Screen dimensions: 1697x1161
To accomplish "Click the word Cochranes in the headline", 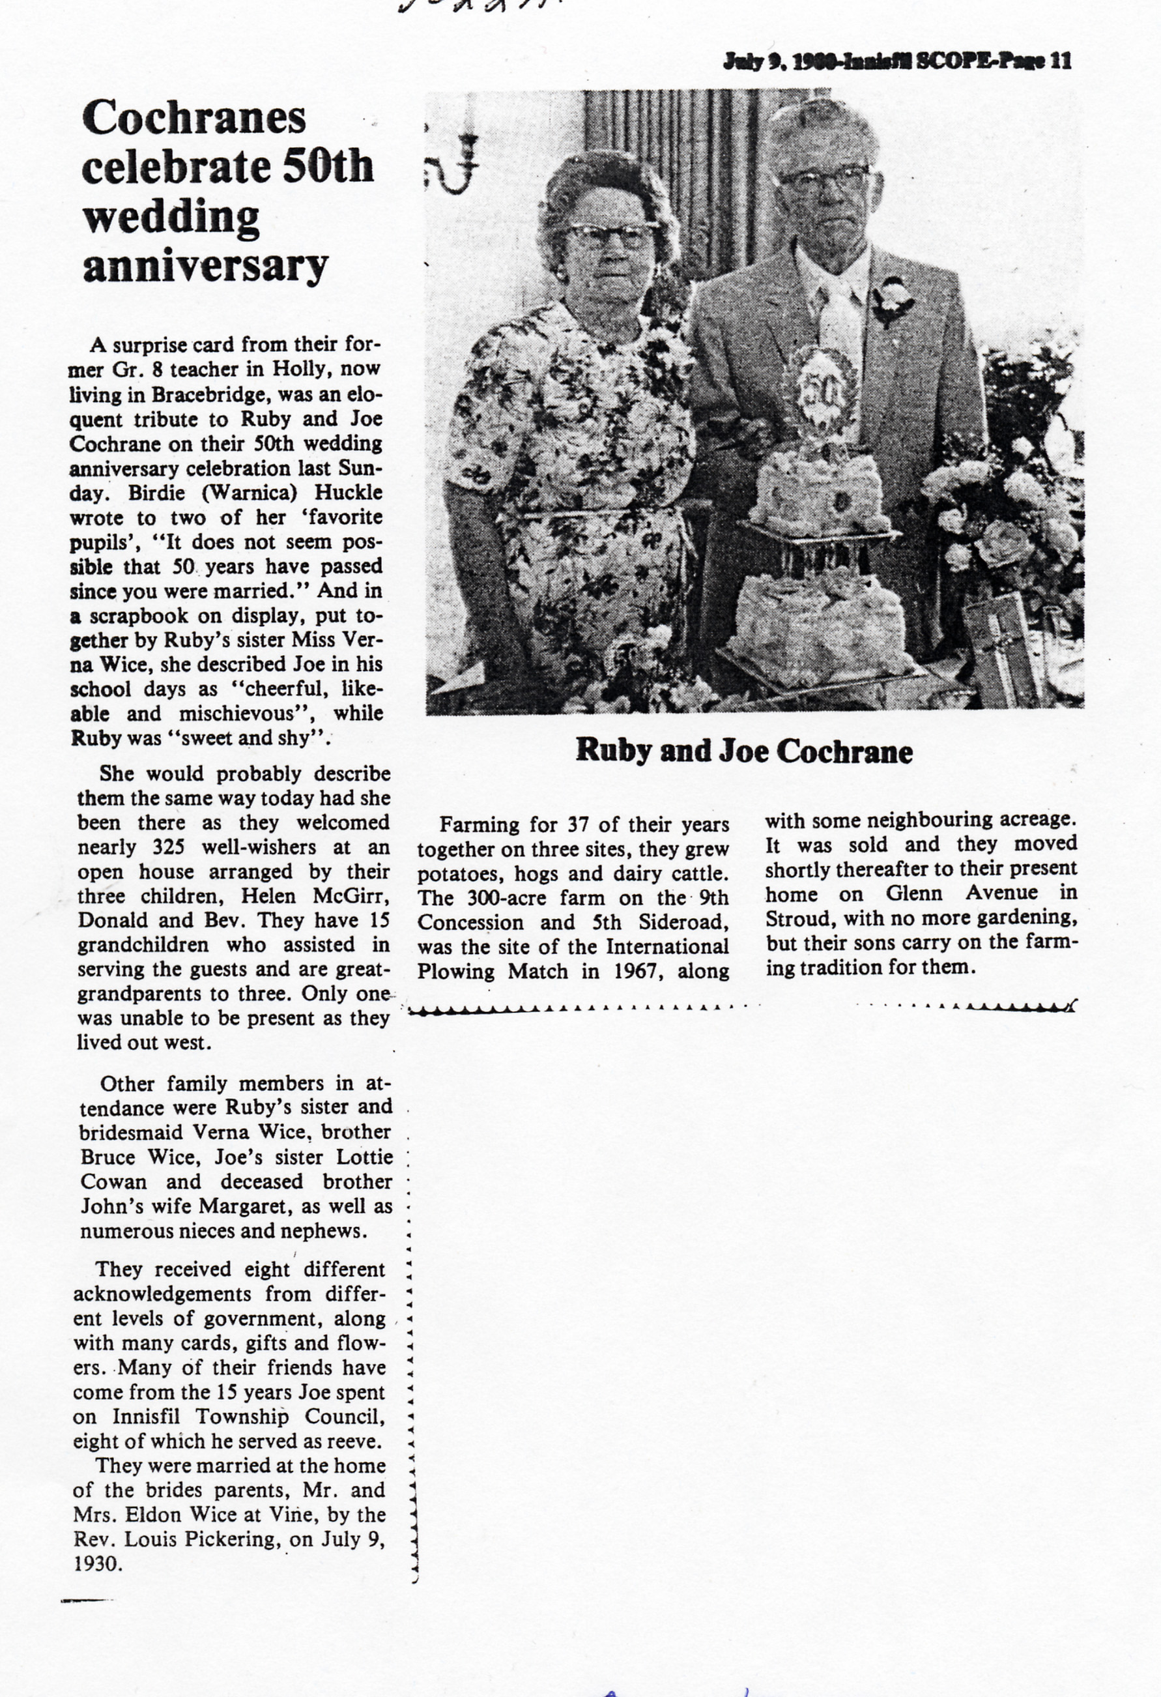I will [x=193, y=117].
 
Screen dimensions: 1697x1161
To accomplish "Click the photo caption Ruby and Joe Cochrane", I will [x=744, y=751].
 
